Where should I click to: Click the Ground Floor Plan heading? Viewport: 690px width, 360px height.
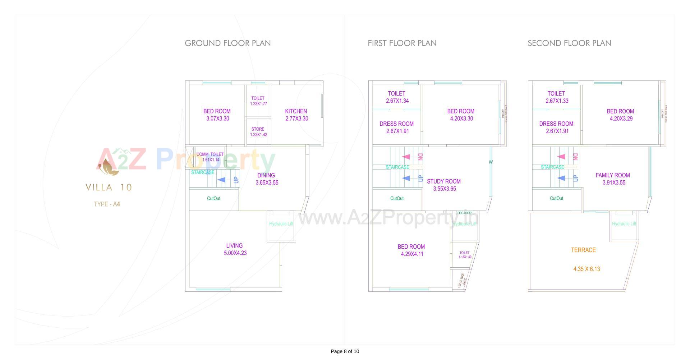click(227, 43)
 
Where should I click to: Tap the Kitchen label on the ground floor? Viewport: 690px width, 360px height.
click(296, 111)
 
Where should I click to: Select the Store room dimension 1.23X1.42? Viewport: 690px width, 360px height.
click(258, 135)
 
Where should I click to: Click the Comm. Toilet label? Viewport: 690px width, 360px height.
click(210, 154)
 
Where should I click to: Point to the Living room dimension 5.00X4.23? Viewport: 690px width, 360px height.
click(235, 253)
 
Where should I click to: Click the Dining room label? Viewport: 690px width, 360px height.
click(266, 175)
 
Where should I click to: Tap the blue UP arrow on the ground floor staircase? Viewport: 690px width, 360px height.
click(222, 180)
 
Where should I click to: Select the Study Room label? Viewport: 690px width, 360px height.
click(443, 181)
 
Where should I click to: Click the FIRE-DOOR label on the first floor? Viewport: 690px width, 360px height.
click(464, 213)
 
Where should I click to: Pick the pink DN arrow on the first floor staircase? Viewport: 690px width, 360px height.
click(406, 157)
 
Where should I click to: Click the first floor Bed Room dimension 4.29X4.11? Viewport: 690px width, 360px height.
click(412, 254)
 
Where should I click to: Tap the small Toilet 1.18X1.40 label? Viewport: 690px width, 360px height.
click(465, 255)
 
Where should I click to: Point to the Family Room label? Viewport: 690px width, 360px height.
click(612, 175)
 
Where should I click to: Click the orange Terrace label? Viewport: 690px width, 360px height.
click(583, 250)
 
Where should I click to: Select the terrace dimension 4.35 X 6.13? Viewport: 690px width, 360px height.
click(586, 269)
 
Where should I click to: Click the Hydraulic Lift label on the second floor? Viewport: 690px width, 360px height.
click(624, 224)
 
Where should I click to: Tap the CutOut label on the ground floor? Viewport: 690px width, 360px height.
click(213, 199)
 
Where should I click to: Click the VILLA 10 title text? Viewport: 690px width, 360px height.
click(109, 187)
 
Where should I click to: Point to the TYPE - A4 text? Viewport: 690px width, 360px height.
click(107, 204)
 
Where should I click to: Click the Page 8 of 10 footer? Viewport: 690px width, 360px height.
click(345, 351)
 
